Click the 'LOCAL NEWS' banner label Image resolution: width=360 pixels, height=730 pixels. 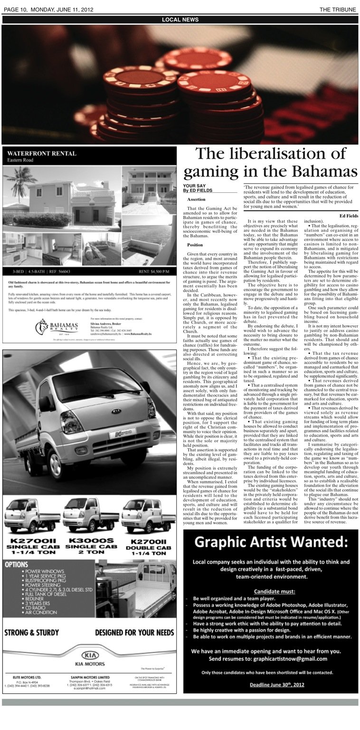coord(180,19)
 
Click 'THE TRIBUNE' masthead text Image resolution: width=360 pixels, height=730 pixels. coord(337,9)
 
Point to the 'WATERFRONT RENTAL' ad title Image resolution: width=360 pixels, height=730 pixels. coord(41,153)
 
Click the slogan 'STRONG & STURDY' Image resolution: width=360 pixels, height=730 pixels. coord(31,633)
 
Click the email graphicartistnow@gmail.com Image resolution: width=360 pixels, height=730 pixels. coord(292,659)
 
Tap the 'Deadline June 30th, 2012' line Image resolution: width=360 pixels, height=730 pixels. coord(271,684)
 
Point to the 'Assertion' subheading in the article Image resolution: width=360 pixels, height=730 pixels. coord(196,199)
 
